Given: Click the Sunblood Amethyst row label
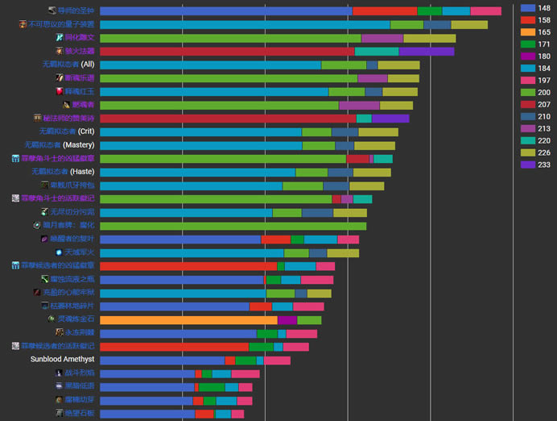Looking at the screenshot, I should click(63, 359).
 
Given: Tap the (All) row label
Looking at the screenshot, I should click(68, 65).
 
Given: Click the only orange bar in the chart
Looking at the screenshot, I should click(188, 319).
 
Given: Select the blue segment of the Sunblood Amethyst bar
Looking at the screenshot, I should click(162, 360).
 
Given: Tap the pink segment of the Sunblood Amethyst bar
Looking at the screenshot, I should click(277, 360).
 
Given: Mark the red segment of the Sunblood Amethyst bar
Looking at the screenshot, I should click(229, 360).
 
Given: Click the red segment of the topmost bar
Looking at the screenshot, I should click(385, 11).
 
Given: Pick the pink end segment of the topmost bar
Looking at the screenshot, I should click(485, 11).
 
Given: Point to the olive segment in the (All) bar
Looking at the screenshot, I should click(398, 65).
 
